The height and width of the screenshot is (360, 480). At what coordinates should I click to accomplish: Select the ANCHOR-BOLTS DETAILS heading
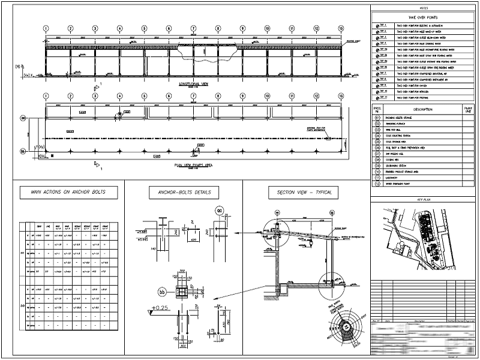click(184, 193)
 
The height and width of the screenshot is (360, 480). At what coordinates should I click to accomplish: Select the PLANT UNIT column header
click(469, 109)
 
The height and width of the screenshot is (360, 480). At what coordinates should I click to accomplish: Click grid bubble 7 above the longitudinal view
click(193, 28)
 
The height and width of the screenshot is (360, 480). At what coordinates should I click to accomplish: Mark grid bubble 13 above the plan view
click(341, 95)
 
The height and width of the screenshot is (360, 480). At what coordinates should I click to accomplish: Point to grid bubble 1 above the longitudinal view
click(46, 28)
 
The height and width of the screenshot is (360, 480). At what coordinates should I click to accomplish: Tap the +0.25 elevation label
click(158, 309)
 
